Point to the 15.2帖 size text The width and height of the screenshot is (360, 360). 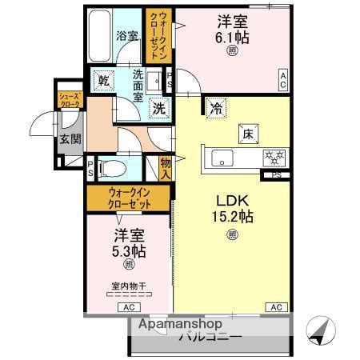tap(232, 217)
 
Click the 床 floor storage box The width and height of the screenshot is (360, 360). tap(248, 134)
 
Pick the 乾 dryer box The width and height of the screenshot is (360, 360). tap(103, 79)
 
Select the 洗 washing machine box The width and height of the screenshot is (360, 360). tap(159, 109)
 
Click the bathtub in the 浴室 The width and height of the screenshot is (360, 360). tap(100, 36)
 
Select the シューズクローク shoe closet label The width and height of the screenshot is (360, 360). tap(66, 100)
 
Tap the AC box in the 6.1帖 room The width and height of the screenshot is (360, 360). tap(282, 77)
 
